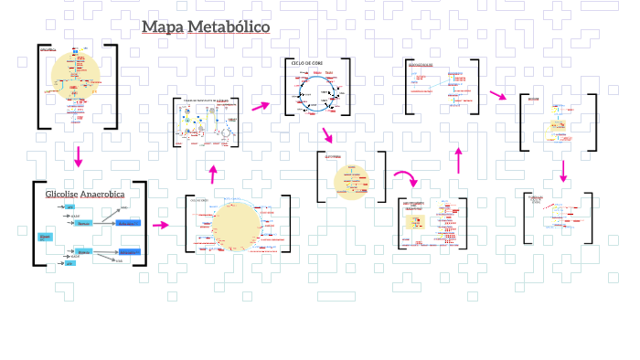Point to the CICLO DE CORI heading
tap(307, 63)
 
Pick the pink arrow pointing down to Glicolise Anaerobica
tap(79, 156)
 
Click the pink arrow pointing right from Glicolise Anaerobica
tap(160, 225)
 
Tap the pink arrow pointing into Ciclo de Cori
tap(261, 106)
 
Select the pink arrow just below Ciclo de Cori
tap(326, 135)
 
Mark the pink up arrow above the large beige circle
tap(213, 174)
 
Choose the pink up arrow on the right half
tap(459, 160)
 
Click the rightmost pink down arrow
tap(563, 171)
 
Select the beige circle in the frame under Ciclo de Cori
tap(350, 179)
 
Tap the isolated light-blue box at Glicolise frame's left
tap(45, 237)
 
